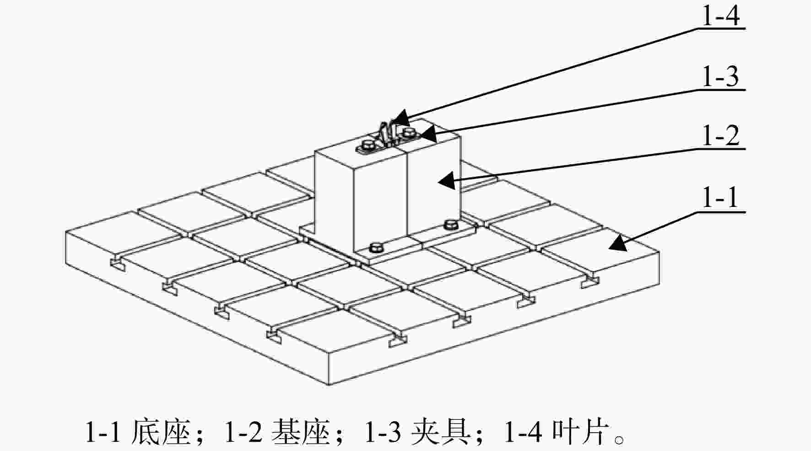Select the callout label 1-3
click(x=720, y=76)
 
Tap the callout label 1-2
click(x=720, y=136)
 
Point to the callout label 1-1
click(x=720, y=198)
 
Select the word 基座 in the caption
click(x=301, y=432)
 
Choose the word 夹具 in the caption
click(x=440, y=432)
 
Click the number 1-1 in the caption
click(x=103, y=432)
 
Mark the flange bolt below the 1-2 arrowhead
click(x=451, y=224)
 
